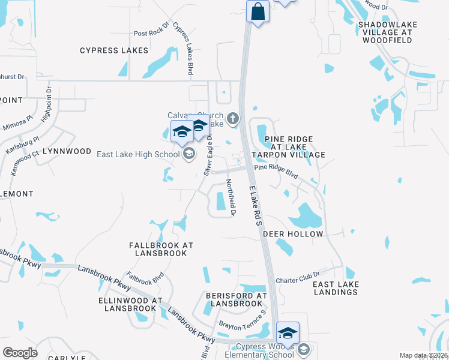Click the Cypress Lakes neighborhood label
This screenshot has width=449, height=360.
tap(114, 50)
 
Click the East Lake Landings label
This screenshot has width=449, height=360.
tap(336, 288)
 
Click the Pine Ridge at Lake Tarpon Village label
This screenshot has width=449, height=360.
tap(295, 147)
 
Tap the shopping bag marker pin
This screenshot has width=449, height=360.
tap(258, 11)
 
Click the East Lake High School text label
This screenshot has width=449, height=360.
tap(138, 155)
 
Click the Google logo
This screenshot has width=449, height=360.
tap(20, 352)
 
